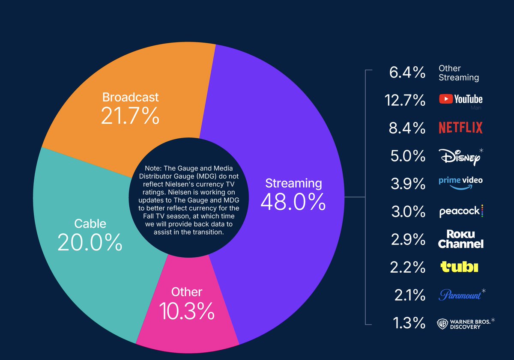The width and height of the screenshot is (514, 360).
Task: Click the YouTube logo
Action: tap(460, 99)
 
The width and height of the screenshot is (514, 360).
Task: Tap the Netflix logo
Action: tap(460, 128)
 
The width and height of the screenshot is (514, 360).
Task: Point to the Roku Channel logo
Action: tap(461, 239)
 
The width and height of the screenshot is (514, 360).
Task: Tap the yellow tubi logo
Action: tap(459, 268)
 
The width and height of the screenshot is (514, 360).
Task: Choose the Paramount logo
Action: tap(460, 295)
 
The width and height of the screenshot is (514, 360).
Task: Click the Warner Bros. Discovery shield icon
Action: tap(442, 324)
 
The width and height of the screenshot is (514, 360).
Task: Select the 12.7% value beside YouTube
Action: tap(404, 100)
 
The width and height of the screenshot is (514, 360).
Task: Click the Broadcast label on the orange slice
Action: tap(130, 97)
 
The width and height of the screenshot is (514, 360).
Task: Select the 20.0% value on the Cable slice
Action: tap(90, 243)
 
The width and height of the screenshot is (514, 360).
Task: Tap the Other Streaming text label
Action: tap(458, 73)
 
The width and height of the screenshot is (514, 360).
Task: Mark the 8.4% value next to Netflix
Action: tap(407, 128)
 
